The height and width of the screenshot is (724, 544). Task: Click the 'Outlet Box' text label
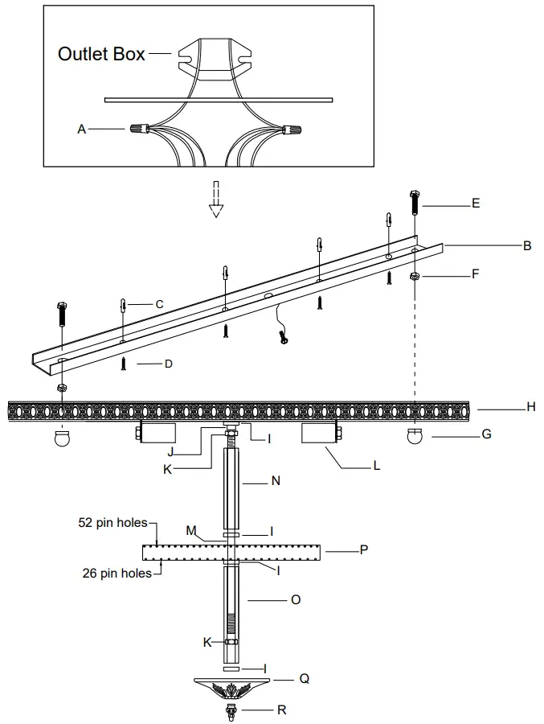click(x=101, y=54)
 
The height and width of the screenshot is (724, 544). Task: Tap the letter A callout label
click(x=82, y=129)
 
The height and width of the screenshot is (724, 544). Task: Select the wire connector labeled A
click(x=139, y=128)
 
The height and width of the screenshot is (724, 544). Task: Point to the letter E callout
click(x=476, y=204)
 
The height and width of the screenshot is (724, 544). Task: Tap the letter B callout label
click(x=527, y=246)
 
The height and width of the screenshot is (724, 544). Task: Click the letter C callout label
click(x=160, y=304)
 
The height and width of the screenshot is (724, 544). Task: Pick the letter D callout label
click(x=168, y=364)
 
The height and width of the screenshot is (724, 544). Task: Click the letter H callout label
click(x=530, y=408)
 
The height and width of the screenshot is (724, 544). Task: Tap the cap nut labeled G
click(x=415, y=437)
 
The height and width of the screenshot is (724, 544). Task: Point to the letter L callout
click(x=376, y=467)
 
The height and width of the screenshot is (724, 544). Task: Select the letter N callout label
click(x=276, y=482)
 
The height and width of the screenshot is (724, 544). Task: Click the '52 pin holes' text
click(x=112, y=523)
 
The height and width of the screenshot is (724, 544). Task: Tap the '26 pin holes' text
click(x=117, y=574)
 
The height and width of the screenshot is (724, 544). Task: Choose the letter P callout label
click(x=364, y=551)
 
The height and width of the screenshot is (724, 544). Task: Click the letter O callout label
click(x=296, y=599)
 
